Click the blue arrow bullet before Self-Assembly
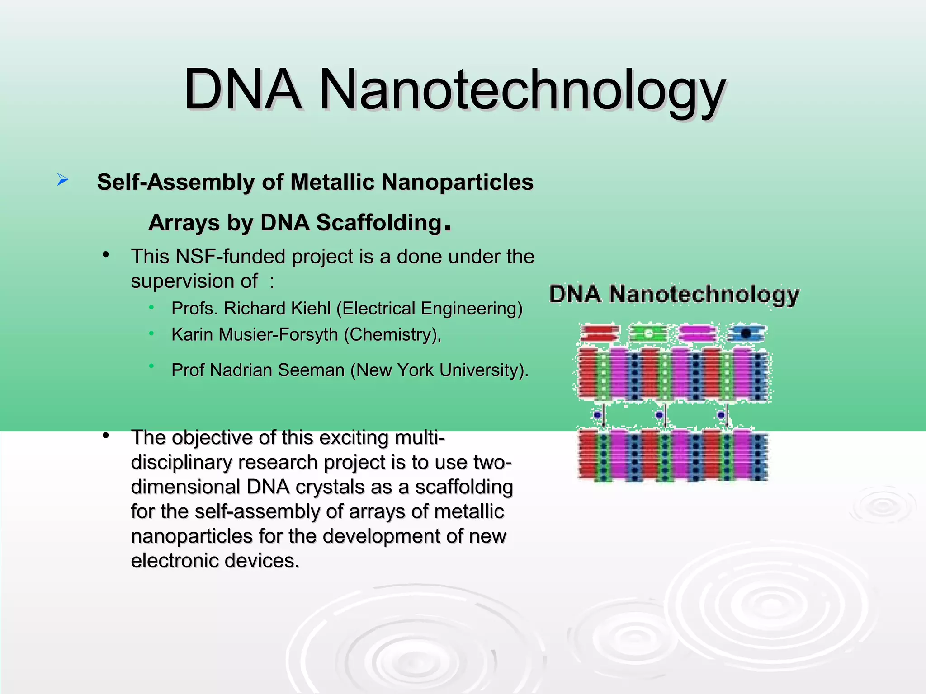click(63, 180)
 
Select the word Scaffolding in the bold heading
click(379, 223)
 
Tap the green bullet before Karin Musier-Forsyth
click(152, 334)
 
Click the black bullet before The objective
click(106, 436)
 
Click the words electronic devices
click(215, 561)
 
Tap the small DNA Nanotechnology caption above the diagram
click(674, 295)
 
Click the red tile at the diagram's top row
click(599, 333)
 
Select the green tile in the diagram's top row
click(648, 333)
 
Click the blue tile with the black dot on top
click(746, 333)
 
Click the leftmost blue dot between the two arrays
click(598, 414)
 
